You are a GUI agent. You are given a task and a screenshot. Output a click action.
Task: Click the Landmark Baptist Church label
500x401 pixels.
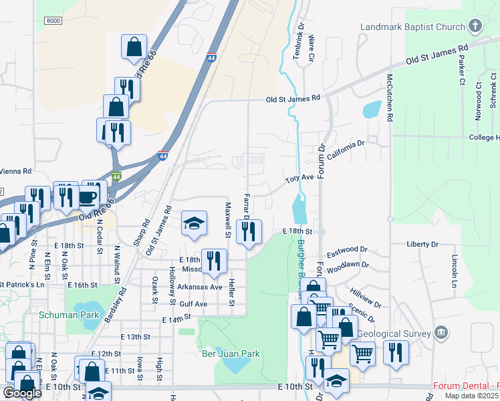[412, 27]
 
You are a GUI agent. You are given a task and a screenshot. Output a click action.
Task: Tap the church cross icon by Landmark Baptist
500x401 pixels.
[475, 27]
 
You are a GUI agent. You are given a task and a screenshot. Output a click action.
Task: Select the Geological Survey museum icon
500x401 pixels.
[441, 333]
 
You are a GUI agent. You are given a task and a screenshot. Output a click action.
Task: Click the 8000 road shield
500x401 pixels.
[52, 21]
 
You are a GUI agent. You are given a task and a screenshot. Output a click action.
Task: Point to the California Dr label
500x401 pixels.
[346, 150]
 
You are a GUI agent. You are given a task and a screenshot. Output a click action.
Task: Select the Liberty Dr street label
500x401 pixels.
[422, 245]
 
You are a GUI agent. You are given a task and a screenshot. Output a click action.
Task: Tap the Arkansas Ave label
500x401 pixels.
[199, 287]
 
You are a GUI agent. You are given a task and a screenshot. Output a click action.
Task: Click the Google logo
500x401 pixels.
[22, 392]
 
